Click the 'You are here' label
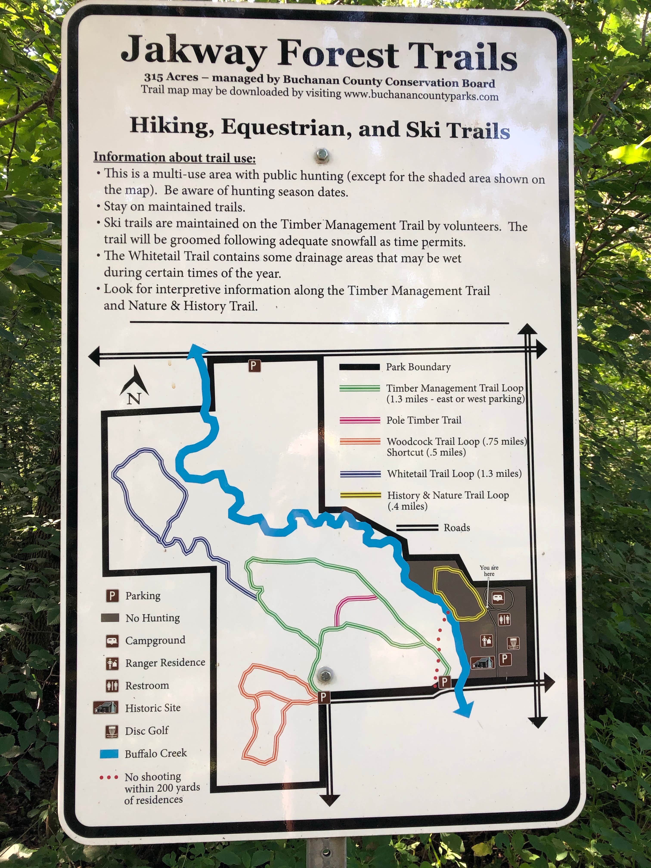tap(489, 570)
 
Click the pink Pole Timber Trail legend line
tap(360, 420)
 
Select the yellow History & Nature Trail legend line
tap(360, 495)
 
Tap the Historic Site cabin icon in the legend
tap(105, 707)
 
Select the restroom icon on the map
tap(504, 620)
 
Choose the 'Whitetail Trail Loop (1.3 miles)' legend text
tap(454, 474)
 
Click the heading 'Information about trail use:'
tap(174, 157)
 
